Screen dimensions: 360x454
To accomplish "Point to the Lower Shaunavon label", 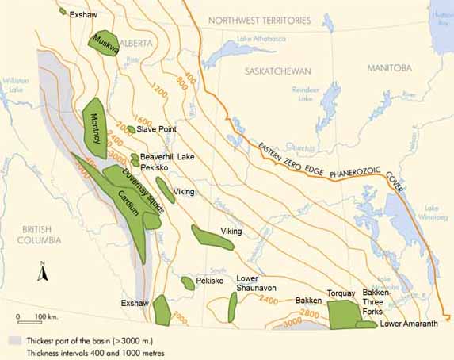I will click(x=254, y=284).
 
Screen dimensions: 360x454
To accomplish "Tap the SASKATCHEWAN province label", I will click(x=277, y=71).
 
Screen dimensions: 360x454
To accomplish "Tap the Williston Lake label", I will click(x=14, y=86).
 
